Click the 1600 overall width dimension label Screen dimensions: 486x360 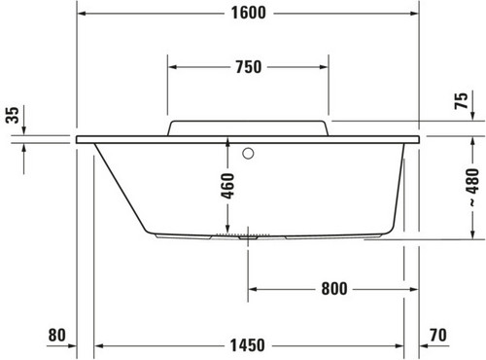[249, 13]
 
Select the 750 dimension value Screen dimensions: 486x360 [249, 67]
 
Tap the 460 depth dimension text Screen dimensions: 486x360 [227, 186]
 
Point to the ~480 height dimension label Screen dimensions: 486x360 [473, 188]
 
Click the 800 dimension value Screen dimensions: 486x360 [334, 288]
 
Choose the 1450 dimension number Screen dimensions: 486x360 [248, 345]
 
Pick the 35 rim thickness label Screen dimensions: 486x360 [13, 115]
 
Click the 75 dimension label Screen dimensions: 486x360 [462, 100]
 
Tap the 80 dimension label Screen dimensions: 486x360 [57, 335]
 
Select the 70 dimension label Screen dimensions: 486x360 [438, 335]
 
